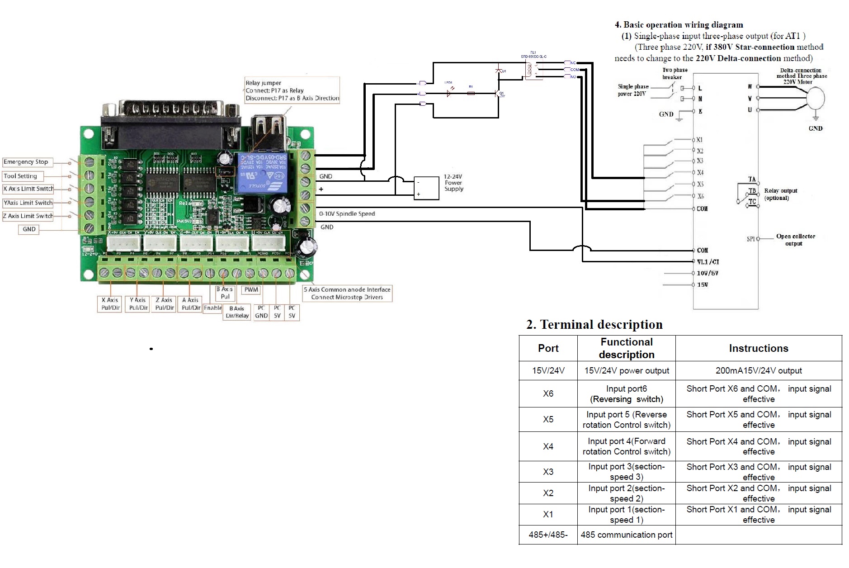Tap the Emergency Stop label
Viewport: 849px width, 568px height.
click(26, 162)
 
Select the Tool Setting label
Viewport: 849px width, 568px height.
click(21, 176)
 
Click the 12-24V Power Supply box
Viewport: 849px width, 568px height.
click(427, 188)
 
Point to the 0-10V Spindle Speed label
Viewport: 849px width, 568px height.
click(347, 214)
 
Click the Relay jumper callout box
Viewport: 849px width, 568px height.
click(292, 90)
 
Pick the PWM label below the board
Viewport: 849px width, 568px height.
click(251, 290)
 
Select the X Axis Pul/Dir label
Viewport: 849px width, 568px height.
click(110, 304)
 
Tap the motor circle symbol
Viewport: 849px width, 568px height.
click(816, 98)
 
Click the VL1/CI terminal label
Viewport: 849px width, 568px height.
click(708, 262)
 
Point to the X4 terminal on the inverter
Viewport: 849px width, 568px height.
click(700, 172)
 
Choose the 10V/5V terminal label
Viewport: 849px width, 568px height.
click(707, 274)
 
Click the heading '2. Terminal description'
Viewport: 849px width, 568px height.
click(594, 325)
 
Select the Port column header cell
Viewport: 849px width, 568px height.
click(548, 348)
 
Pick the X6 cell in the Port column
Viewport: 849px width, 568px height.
click(548, 394)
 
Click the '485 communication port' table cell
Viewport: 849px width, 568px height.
click(626, 535)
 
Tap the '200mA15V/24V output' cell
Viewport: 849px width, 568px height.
click(759, 371)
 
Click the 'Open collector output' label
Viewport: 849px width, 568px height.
click(795, 240)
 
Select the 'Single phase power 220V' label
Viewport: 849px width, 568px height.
click(633, 90)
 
